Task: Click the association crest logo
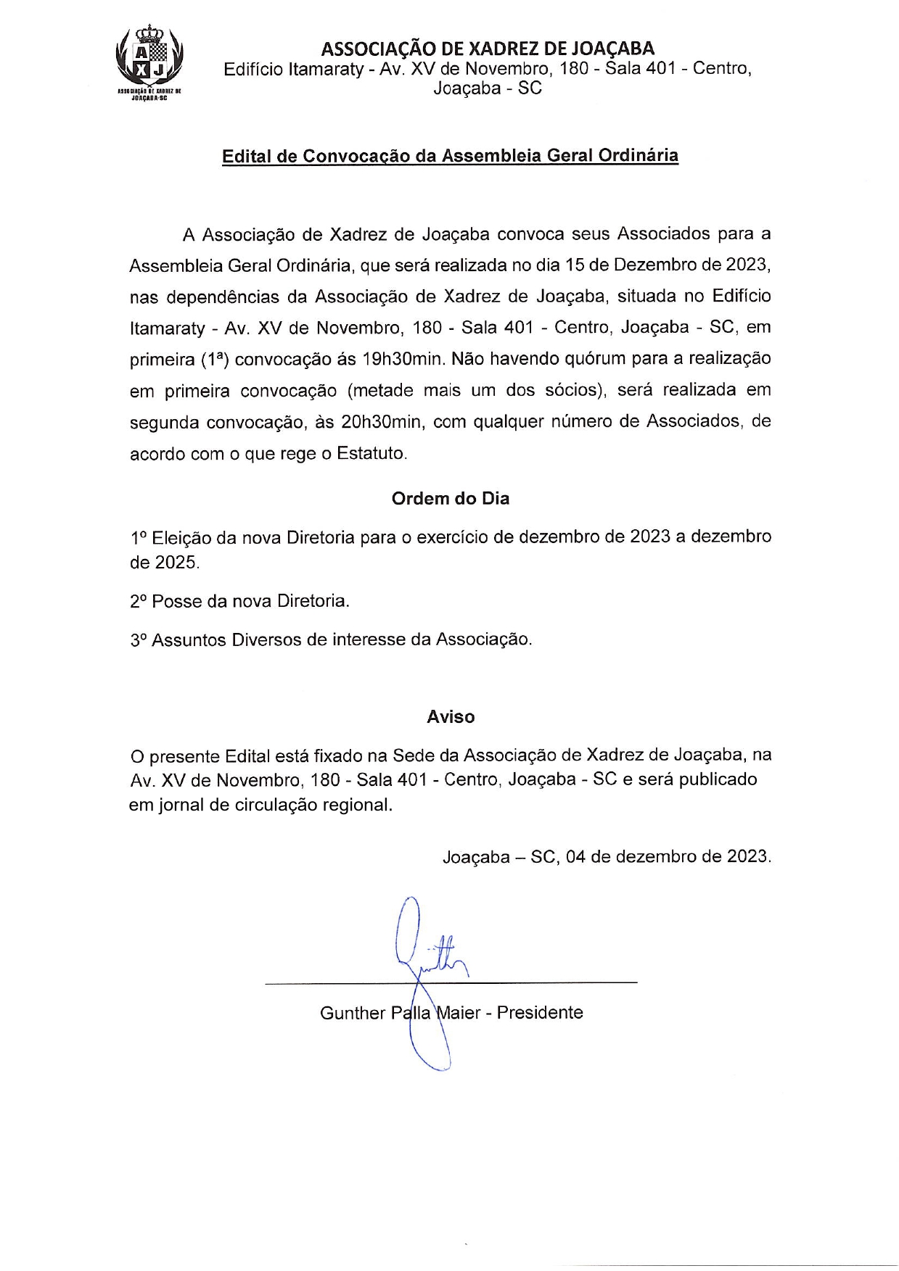(149, 61)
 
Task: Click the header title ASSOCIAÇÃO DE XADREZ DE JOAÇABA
(488, 49)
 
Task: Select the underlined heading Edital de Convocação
(450, 156)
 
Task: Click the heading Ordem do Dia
(451, 499)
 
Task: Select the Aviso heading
(451, 717)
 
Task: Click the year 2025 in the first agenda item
(176, 563)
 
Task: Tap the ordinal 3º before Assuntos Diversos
(139, 639)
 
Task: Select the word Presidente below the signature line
(540, 1013)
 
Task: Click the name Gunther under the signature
(353, 1013)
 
